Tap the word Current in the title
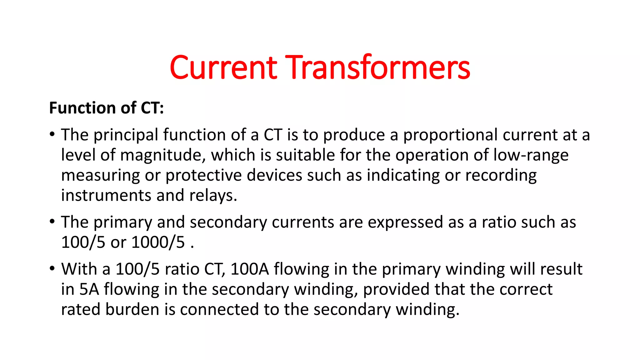[223, 67]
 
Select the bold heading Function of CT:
[107, 108]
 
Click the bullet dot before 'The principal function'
[52, 134]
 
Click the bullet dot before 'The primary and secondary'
[52, 222]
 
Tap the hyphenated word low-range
[531, 155]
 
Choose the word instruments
[106, 196]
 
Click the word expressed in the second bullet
[405, 222]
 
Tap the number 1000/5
[158, 242]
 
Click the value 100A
[249, 269]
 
